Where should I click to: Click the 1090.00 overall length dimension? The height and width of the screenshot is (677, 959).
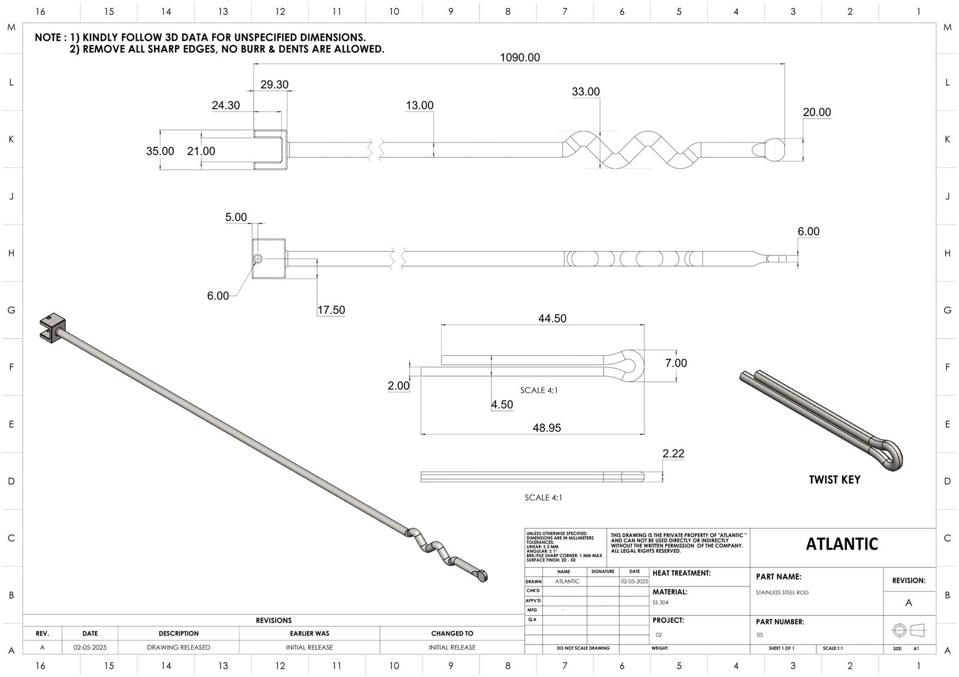point(520,58)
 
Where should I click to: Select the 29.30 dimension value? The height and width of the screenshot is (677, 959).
point(275,84)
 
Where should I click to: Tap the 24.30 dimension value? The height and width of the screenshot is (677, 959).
point(225,105)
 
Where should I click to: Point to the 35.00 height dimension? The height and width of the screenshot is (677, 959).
point(160,151)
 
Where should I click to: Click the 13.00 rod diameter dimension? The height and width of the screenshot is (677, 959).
point(420,105)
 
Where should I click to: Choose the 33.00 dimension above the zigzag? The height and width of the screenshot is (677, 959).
point(586,92)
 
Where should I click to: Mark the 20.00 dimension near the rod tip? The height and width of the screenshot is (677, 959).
point(817,113)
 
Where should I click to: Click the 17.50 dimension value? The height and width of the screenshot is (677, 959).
point(331,310)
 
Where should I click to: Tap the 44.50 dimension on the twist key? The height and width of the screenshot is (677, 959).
point(552,319)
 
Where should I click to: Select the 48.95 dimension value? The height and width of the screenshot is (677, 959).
point(547,428)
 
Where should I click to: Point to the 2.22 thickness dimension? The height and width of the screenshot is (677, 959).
point(673,454)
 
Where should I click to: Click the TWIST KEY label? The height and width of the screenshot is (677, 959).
point(834,479)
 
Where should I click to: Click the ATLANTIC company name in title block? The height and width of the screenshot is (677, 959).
point(842,544)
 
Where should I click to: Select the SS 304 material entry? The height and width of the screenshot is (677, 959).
point(660,603)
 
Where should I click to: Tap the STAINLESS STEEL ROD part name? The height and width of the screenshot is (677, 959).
point(782,593)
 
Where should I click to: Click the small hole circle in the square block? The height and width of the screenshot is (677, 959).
point(258,259)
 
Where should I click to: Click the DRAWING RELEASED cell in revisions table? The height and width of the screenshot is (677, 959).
point(179,647)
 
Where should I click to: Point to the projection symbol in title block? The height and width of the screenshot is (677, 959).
point(909,630)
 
